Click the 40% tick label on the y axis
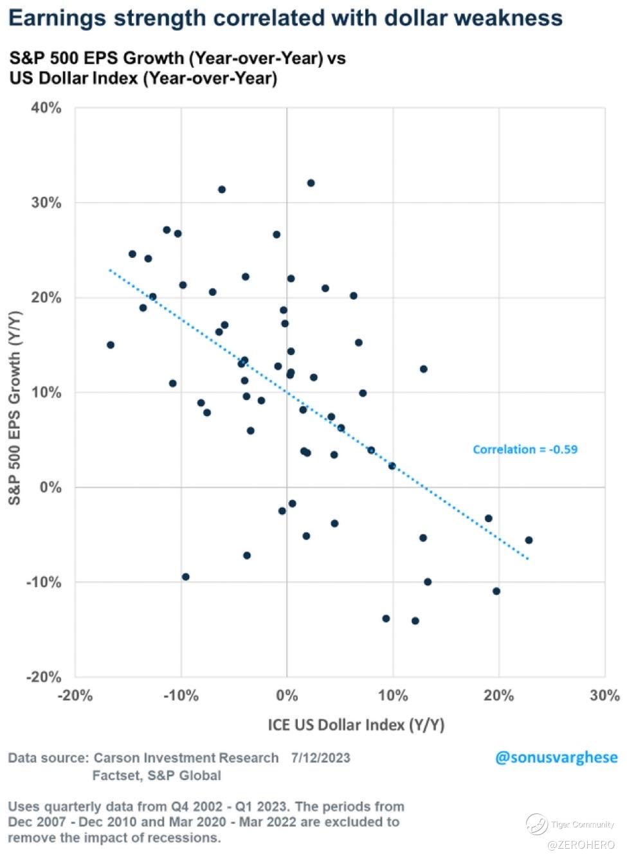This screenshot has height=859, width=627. [46, 108]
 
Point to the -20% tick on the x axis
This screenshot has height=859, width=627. [75, 695]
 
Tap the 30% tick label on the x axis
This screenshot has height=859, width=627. [604, 695]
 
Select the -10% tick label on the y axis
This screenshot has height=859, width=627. [44, 583]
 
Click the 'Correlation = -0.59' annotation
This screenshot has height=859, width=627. [525, 449]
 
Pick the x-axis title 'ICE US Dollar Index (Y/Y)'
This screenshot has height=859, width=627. [356, 725]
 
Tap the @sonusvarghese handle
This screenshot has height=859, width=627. [556, 757]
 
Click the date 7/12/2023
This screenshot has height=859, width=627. [320, 757]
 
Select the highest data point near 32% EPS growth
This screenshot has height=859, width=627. [311, 183]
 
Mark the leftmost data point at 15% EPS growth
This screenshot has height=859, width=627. [111, 345]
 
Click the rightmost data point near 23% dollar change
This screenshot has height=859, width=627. [529, 540]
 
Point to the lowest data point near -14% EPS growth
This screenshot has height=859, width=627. [415, 621]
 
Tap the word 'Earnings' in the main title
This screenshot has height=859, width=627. [57, 17]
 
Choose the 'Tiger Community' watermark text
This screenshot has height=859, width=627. [582, 824]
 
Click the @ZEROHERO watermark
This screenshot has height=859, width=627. [582, 844]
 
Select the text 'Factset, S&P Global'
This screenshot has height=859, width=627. [156, 775]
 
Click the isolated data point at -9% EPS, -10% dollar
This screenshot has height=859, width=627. [186, 577]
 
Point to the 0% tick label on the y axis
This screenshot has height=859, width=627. [50, 487]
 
